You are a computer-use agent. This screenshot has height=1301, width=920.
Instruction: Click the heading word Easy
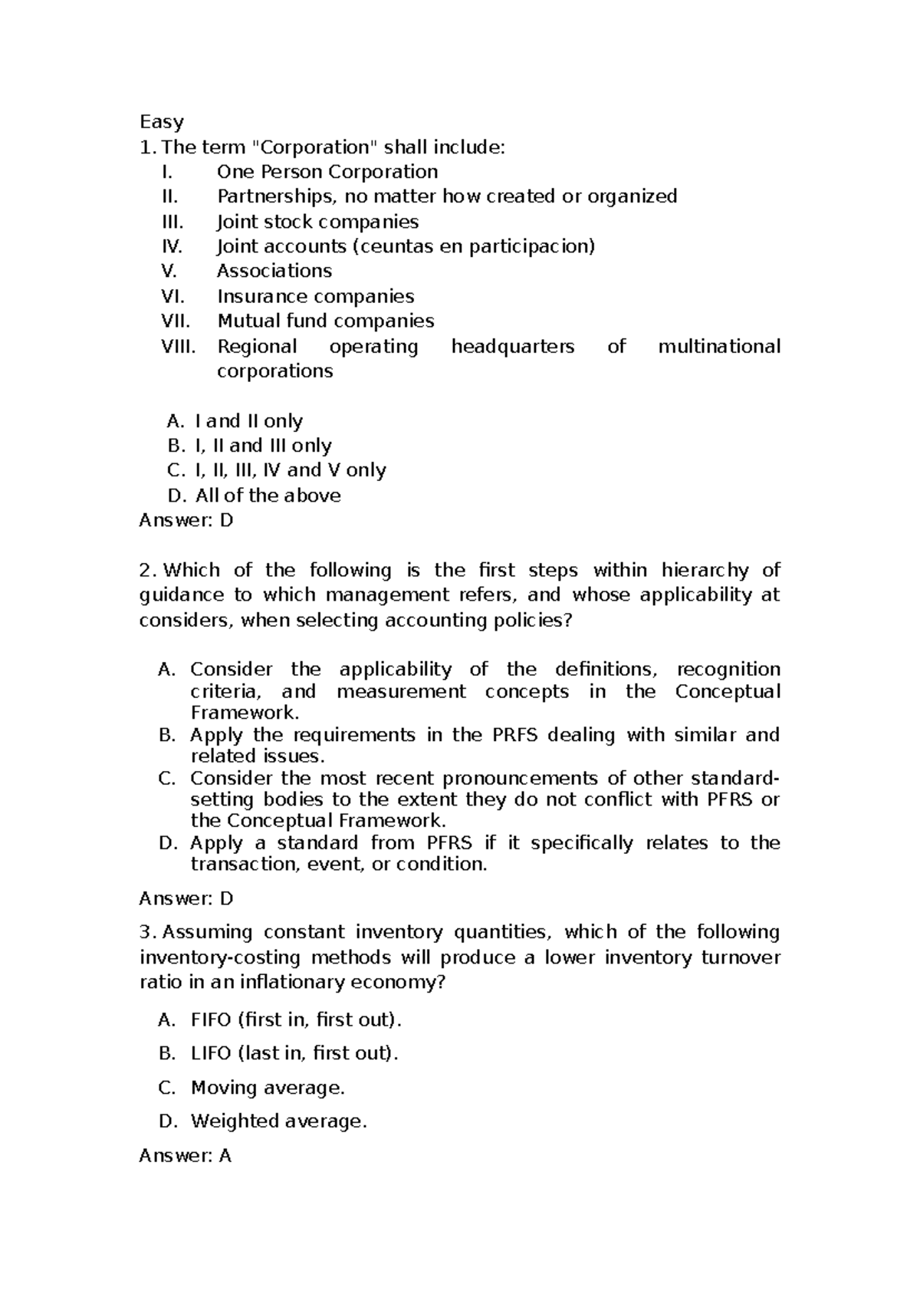tap(161, 122)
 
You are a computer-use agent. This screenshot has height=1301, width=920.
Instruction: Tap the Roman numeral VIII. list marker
tap(179, 346)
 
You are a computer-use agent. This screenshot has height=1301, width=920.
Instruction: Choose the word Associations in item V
tap(274, 271)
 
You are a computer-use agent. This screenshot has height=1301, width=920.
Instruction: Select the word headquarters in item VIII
tap(512, 346)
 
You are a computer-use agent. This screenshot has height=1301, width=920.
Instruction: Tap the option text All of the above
tap(268, 496)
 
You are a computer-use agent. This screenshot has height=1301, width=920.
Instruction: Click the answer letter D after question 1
tap(225, 520)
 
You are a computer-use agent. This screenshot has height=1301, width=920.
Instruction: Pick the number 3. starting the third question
tap(148, 932)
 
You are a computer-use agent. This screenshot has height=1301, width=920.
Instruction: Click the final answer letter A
tap(225, 1155)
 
